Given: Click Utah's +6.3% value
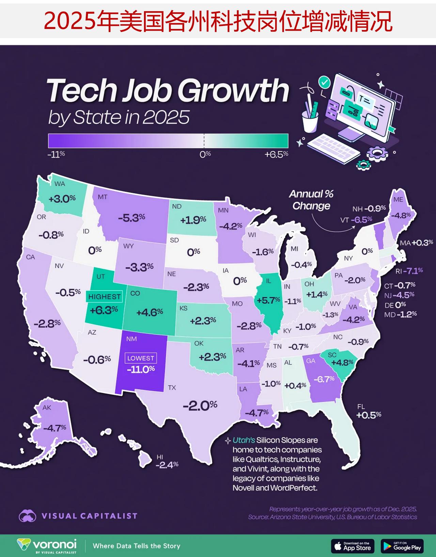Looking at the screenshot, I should tap(104, 310).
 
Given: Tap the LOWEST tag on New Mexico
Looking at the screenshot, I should tap(141, 358).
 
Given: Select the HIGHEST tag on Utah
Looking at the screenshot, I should tap(104, 297).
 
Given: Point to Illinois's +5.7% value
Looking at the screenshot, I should tap(268, 300).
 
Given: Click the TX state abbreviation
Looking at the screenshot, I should tap(172, 387).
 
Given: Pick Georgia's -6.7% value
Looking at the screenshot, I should tap(324, 379).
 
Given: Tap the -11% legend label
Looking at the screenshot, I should tap(56, 154).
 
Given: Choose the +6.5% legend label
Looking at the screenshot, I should tap(276, 155).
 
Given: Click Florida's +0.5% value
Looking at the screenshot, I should tap(369, 415).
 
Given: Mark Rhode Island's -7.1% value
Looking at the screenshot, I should tap(413, 271).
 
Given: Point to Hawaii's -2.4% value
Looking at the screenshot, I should tap(167, 465).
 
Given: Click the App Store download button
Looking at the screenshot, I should tap(353, 546).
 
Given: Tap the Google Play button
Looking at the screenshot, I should tap(402, 546).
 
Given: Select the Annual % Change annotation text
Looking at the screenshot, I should tap(311, 200).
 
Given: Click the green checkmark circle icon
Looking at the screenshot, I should tap(324, 82).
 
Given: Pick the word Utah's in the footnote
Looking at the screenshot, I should tap(244, 440).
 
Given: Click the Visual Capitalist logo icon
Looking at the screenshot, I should tap(28, 516).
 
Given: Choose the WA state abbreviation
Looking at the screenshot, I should tap(60, 184).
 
